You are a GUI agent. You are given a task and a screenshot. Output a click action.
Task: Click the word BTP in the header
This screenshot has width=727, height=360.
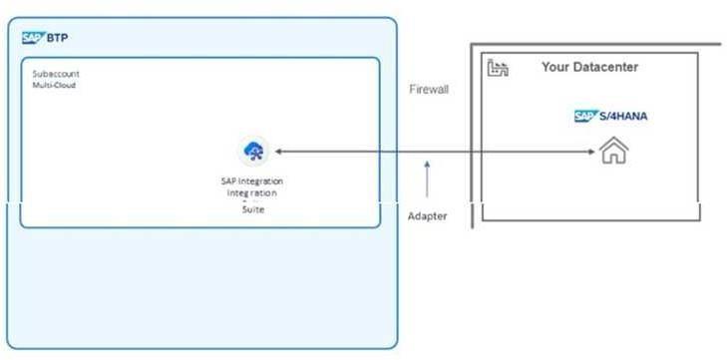click(x=57, y=38)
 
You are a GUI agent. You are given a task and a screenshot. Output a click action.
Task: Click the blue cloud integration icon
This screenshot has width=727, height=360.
click(x=253, y=152)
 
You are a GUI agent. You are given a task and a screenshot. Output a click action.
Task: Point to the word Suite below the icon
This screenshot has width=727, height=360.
click(x=253, y=210)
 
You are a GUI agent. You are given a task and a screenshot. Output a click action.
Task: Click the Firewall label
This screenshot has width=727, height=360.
click(x=429, y=90)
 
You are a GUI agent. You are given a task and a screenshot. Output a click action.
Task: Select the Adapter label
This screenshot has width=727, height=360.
click(x=427, y=215)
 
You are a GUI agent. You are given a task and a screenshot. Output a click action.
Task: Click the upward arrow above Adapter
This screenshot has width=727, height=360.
click(x=427, y=179)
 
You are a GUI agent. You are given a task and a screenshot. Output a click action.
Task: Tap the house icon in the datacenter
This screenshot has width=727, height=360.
click(x=612, y=152)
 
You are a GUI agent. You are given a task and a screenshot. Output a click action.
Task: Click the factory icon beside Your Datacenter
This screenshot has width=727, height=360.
click(x=496, y=69)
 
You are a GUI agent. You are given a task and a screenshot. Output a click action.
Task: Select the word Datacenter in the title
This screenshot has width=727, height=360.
click(x=605, y=67)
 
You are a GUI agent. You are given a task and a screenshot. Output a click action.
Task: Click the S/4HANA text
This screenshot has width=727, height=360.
click(x=623, y=117)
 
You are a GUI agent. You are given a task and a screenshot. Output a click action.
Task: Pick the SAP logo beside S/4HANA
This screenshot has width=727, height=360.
click(x=584, y=117)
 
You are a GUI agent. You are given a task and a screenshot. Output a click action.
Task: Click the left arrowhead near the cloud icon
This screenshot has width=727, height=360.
click(x=278, y=152)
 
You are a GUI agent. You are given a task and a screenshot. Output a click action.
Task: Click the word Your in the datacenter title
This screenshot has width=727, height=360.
click(x=555, y=67)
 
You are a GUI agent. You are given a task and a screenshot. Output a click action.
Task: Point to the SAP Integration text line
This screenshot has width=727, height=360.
click(x=252, y=180)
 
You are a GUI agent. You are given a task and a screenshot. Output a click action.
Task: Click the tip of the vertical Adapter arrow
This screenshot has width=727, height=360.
click(x=427, y=162)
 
